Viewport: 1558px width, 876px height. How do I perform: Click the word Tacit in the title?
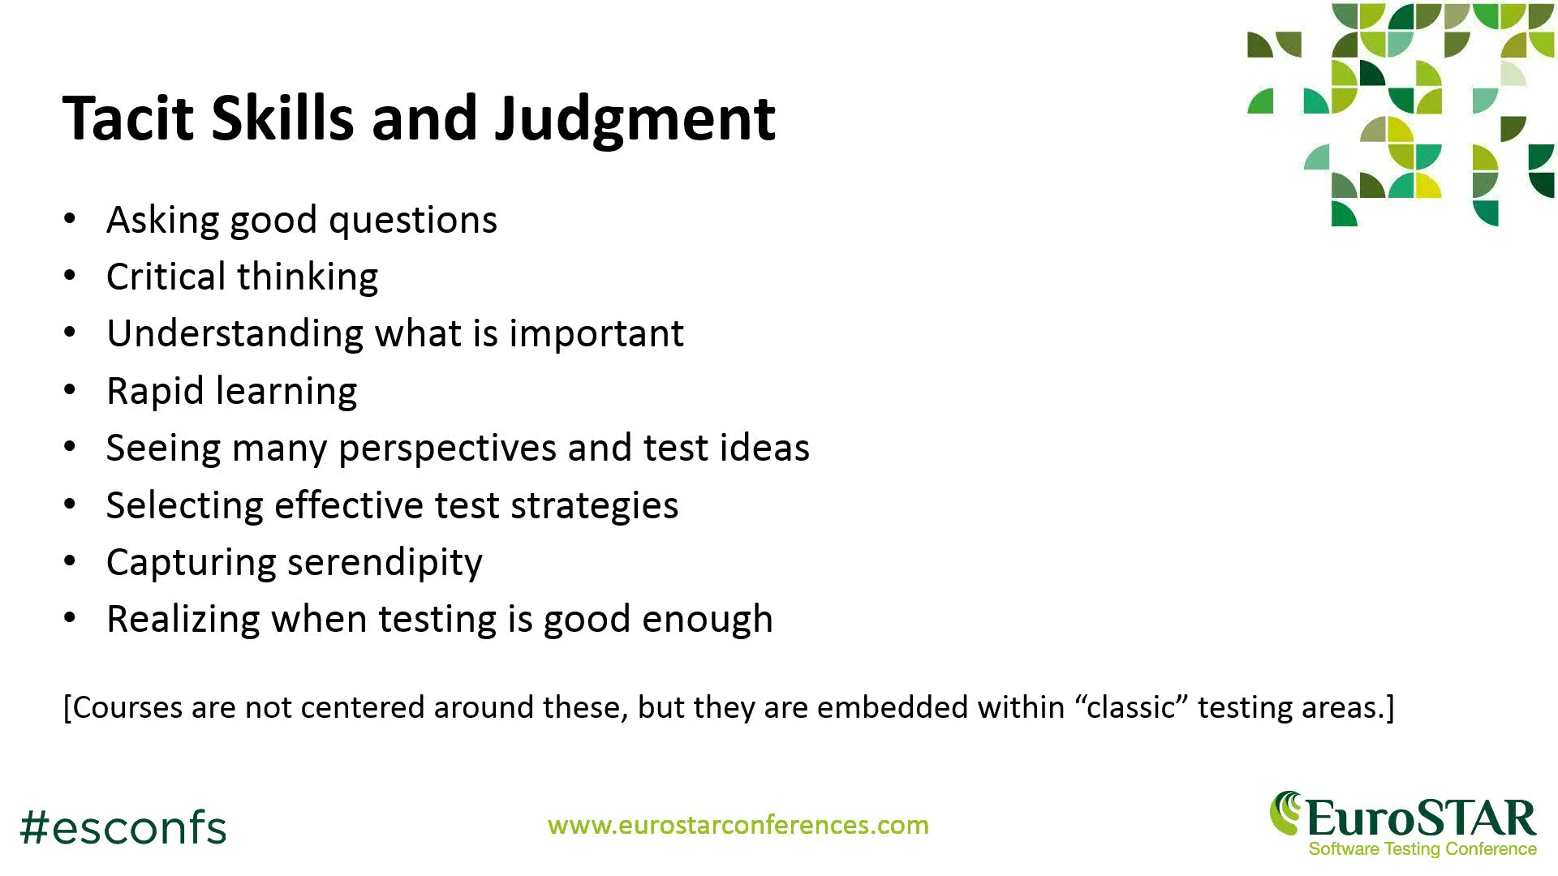point(129,118)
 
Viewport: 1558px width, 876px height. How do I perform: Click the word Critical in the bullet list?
point(166,277)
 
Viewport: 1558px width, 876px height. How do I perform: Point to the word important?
point(596,333)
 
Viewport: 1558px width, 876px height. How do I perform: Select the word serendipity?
point(385,563)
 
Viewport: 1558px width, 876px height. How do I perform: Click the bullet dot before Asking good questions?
point(71,219)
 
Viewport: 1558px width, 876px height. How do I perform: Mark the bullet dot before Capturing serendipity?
point(71,561)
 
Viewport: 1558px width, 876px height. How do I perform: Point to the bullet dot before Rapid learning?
point(71,390)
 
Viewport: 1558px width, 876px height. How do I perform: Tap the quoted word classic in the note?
point(1131,708)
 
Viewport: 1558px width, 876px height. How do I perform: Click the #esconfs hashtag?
point(123,828)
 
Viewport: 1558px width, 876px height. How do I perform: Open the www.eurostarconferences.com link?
point(738,826)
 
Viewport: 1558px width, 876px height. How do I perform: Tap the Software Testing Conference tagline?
point(1422,849)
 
